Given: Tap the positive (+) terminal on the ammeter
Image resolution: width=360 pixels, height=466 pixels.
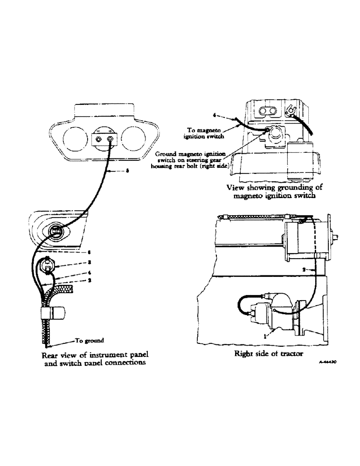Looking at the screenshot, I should pyautogui.click(x=111, y=138).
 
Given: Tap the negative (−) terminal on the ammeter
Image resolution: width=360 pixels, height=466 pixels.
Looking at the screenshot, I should pyautogui.click(x=98, y=138).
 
